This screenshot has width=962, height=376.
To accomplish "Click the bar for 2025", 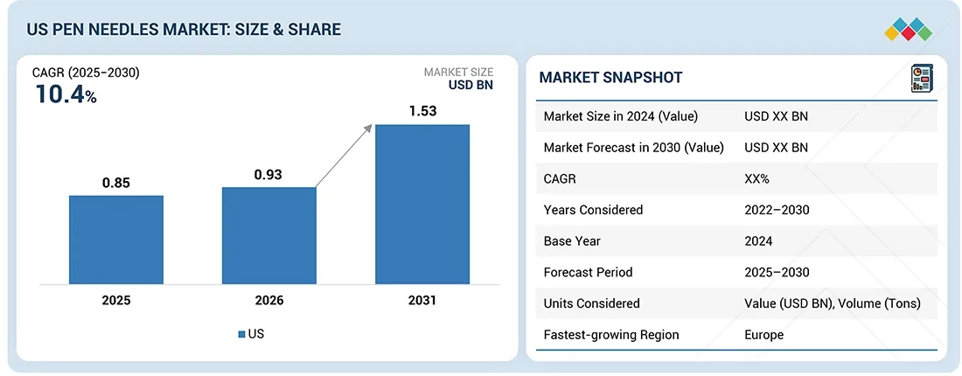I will tap(116, 239).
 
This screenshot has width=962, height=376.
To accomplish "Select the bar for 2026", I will tap(268, 235).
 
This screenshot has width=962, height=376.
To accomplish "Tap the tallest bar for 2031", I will tap(422, 204).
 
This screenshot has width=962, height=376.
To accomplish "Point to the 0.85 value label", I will tap(116, 184).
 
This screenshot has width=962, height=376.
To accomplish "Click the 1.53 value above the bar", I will tap(422, 112).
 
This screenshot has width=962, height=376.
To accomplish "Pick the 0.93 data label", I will tap(268, 175).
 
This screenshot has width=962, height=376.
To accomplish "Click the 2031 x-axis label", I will tap(422, 300).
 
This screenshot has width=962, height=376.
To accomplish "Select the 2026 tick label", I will tap(268, 300).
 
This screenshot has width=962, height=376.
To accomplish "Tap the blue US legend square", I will tap(240, 334).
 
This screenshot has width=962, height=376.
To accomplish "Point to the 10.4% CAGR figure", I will tap(66, 95).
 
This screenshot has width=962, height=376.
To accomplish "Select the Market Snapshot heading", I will tap(610, 78).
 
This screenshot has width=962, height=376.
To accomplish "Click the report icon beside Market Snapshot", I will tap(921, 77).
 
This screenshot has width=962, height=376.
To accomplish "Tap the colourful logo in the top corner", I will tap(908, 28).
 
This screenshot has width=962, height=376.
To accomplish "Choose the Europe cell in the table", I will tap(763, 335).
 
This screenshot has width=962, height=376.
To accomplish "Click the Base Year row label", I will tap(573, 241).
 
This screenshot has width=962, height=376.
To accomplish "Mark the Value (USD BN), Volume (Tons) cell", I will tap(831, 303).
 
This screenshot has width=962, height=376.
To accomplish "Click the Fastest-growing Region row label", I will tap(610, 335).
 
